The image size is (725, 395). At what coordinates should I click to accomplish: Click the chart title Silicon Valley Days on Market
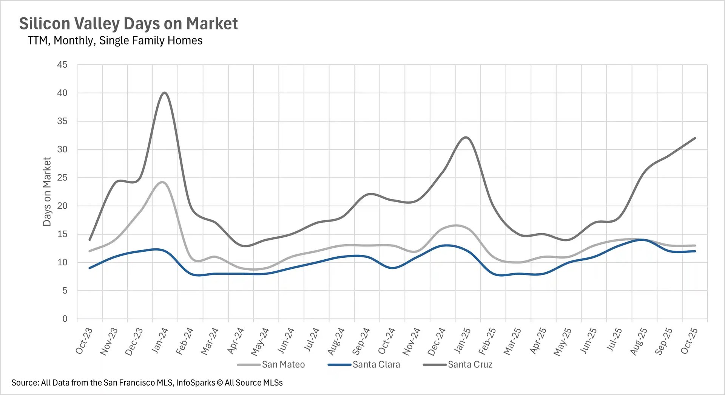[x=128, y=23]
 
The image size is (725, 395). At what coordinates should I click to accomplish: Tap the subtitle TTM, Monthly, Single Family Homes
[x=115, y=40]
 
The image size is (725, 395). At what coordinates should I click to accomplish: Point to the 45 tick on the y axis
[x=62, y=65]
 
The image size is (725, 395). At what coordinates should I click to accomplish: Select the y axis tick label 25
[x=62, y=178]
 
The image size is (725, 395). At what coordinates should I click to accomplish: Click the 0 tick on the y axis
[x=65, y=319]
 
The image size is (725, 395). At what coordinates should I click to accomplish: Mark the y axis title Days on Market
[x=47, y=192]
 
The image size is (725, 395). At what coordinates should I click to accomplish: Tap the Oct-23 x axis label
[x=84, y=341]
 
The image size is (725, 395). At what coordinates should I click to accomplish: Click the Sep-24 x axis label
[x=361, y=341]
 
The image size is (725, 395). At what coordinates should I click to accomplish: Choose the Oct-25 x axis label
[x=689, y=341]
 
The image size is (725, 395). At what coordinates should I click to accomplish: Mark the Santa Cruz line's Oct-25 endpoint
[x=695, y=138]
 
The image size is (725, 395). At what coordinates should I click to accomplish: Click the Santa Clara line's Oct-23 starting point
[x=89, y=268]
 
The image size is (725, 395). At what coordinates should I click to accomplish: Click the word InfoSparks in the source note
[x=195, y=383]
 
